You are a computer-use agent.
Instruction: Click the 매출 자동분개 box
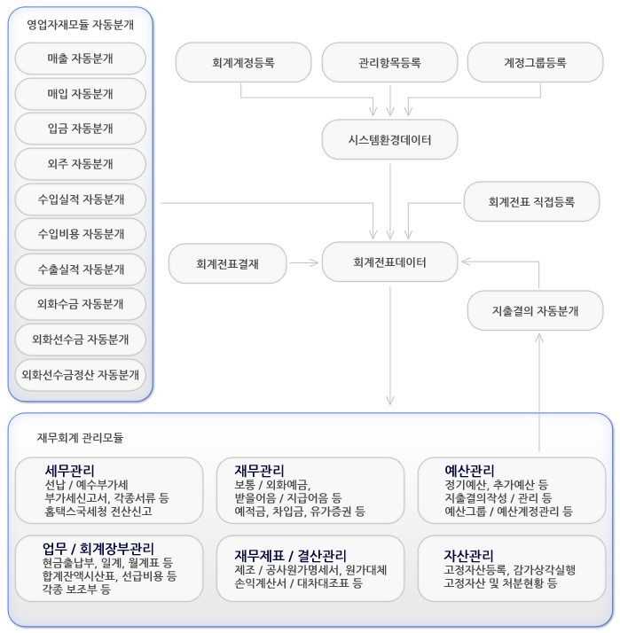pos(81,59)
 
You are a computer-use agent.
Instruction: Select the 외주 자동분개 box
pos(81,164)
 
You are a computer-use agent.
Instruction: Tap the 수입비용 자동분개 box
pos(81,234)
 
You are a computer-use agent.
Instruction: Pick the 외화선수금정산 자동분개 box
pos(81,375)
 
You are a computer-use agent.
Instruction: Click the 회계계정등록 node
pos(244,63)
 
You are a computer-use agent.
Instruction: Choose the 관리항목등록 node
pos(389,63)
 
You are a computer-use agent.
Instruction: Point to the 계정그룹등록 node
pos(535,63)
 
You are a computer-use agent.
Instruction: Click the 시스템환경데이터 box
pos(389,140)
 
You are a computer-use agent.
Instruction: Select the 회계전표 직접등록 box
pos(531,201)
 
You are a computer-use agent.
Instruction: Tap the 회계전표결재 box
pos(227,263)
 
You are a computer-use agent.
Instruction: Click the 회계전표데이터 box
pos(389,262)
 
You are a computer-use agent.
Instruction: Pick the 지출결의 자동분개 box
pos(535,311)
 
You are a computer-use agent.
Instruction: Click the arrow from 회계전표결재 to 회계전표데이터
pos(304,262)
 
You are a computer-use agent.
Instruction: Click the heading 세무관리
pos(69,471)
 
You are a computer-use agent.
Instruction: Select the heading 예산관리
pos(469,471)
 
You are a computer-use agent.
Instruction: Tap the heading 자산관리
pos(468,556)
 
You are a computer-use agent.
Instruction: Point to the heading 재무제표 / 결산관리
pos(290,556)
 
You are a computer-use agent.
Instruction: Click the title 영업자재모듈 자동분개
pos(81,25)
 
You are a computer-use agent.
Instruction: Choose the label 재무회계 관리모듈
pos(80,438)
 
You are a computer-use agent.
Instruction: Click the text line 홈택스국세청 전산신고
pos(98,512)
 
